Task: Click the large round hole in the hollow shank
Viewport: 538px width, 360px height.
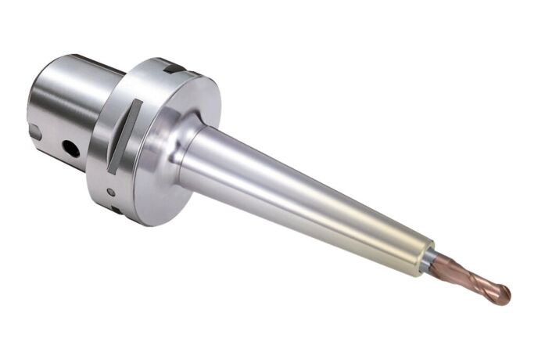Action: click(x=71, y=146)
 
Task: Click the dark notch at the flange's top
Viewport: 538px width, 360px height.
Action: click(x=174, y=69)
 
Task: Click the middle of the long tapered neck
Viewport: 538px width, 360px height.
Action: click(x=305, y=196)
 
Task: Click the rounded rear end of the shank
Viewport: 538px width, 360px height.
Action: click(x=35, y=102)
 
